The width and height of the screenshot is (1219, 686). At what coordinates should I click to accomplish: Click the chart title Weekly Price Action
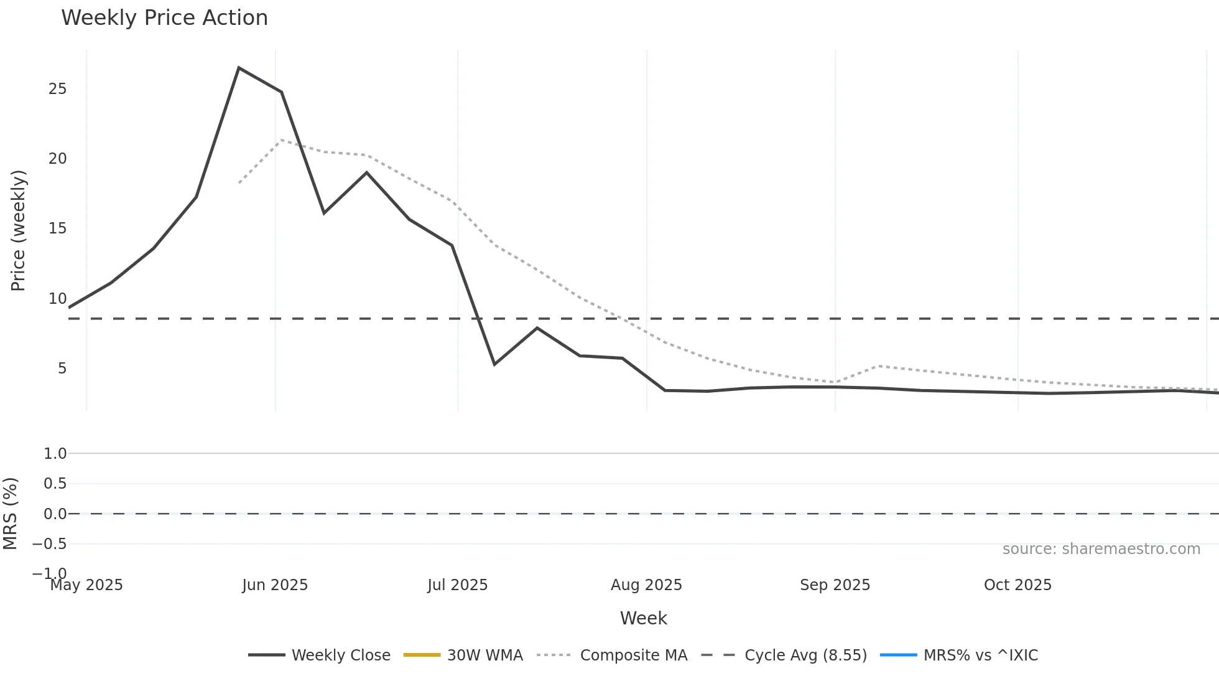[x=164, y=18]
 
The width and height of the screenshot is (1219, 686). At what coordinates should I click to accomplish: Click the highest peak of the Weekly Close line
[x=239, y=68]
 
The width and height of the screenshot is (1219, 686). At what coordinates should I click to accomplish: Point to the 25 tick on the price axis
[x=57, y=89]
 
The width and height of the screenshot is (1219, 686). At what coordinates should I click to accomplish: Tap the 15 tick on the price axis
[x=57, y=228]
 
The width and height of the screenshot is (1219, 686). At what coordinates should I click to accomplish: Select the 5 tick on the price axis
[x=62, y=369]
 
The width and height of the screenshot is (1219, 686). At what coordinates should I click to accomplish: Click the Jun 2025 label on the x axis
[x=275, y=585]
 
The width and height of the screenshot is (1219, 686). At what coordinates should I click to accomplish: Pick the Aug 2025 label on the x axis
[x=646, y=585]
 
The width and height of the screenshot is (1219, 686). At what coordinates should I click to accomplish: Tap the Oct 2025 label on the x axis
[x=1017, y=585]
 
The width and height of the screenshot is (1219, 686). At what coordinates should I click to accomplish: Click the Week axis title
[x=643, y=618]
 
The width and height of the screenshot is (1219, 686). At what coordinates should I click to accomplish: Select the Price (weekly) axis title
[x=18, y=230]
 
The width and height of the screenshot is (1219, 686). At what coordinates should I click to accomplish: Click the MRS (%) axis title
[x=11, y=514]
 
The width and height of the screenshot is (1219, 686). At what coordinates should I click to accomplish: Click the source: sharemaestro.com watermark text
[x=1101, y=549]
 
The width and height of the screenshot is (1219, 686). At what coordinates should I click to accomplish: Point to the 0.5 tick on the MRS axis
[x=55, y=484]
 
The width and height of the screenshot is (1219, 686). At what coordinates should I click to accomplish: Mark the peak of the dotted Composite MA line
[x=281, y=140]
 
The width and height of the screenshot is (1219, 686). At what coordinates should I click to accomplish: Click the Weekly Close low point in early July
[x=494, y=364]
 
